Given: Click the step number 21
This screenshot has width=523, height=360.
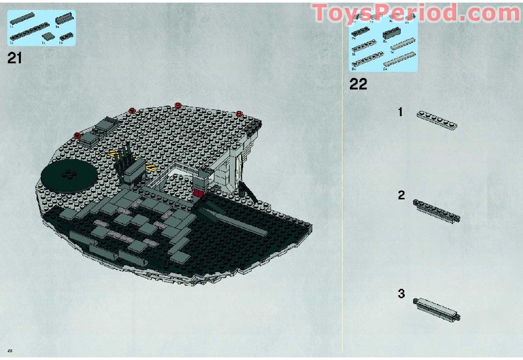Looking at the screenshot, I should [15, 58].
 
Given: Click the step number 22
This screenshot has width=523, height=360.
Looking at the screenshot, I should [358, 84].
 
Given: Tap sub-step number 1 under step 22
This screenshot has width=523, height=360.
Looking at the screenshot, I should [401, 111].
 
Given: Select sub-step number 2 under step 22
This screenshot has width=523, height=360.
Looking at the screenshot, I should [401, 195].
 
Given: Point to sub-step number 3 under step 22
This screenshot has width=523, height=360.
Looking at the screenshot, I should [401, 294].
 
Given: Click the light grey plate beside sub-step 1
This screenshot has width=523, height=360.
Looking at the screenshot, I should [437, 120].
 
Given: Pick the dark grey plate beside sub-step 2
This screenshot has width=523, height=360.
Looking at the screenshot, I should [436, 211].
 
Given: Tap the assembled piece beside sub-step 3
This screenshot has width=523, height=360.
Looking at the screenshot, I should [437, 308].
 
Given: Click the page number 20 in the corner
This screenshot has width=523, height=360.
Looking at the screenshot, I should [9, 350].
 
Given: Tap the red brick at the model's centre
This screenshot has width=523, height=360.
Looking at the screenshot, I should [198, 193].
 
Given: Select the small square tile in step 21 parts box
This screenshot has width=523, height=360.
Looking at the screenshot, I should [48, 36].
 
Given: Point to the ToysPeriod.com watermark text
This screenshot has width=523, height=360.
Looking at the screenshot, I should [416, 13].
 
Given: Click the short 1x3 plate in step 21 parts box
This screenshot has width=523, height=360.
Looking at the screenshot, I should [66, 37].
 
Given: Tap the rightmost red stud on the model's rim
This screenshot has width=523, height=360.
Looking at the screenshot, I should [238, 113].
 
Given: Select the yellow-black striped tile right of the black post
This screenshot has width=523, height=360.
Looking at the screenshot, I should [150, 168].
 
